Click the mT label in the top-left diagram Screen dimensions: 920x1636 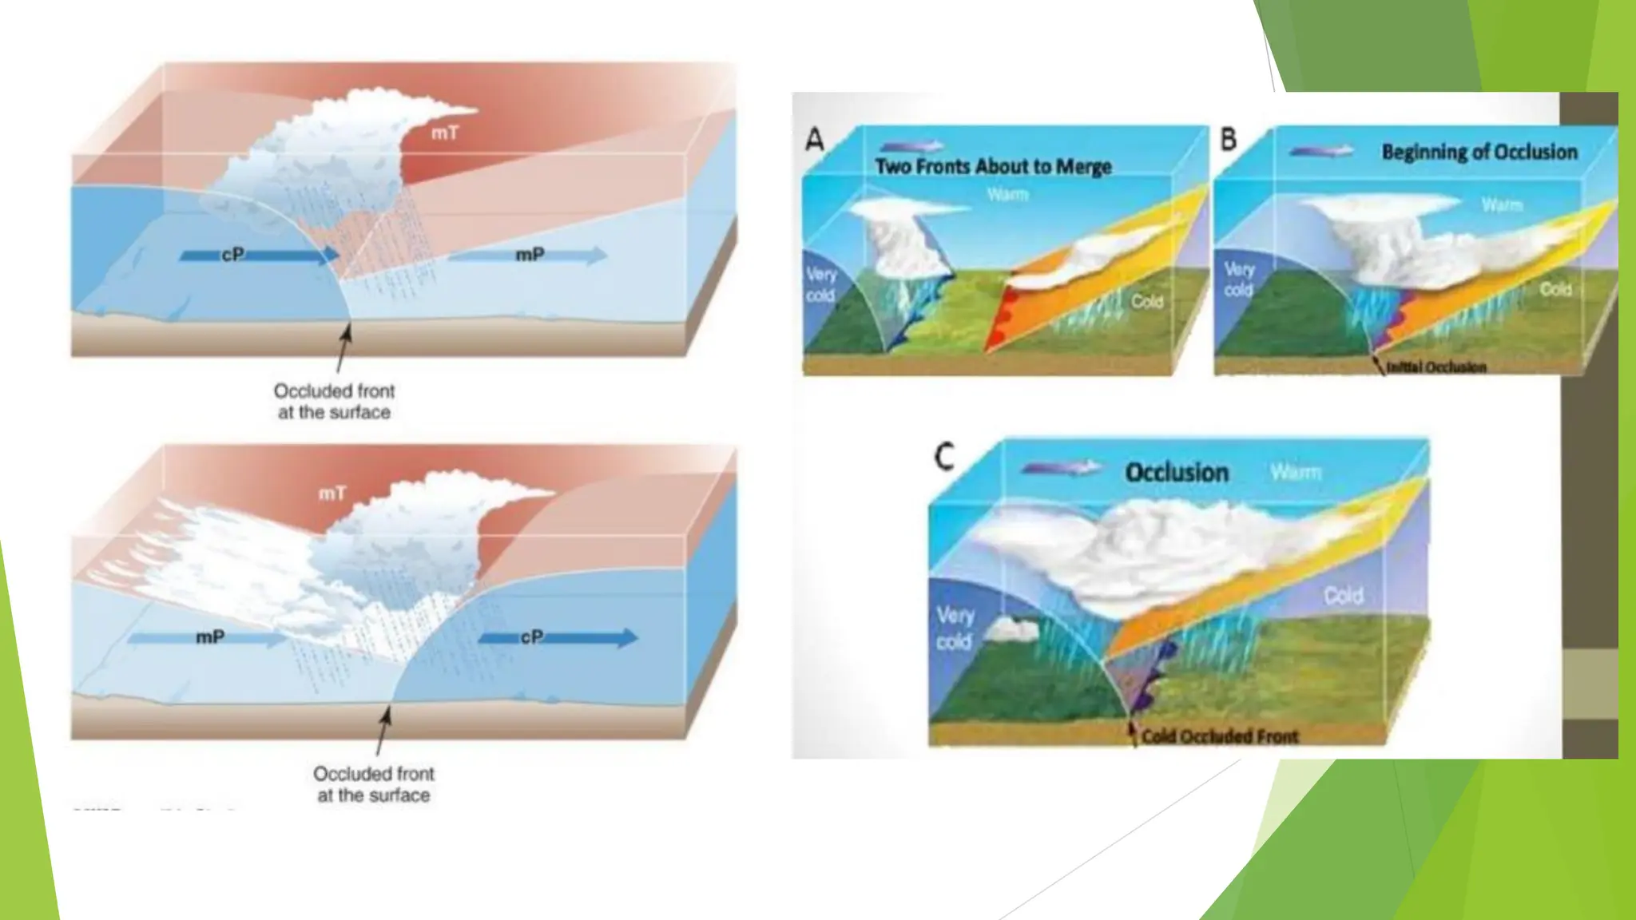[x=445, y=133]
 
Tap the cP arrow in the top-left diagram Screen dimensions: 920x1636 [x=260, y=256]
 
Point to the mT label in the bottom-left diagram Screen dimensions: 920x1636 [x=332, y=494]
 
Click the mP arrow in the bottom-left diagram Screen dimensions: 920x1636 [x=208, y=638]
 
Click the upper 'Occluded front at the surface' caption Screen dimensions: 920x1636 [x=334, y=402]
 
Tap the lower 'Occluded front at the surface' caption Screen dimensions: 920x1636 [x=373, y=784]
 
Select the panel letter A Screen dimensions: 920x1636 [x=814, y=141]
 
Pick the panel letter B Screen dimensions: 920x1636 [x=1228, y=140]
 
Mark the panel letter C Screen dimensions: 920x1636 [x=944, y=458]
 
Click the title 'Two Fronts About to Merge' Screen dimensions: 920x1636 [x=993, y=167]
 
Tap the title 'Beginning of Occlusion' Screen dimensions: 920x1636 [x=1479, y=152]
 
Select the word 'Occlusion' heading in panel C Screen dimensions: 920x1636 [x=1177, y=472]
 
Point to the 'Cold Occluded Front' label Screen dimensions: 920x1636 [x=1220, y=736]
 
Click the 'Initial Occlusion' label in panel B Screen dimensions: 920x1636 [x=1435, y=367]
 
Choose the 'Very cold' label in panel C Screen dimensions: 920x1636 [x=955, y=628]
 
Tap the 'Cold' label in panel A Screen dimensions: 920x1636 [x=1146, y=302]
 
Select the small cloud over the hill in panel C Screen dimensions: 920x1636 [x=1012, y=631]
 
